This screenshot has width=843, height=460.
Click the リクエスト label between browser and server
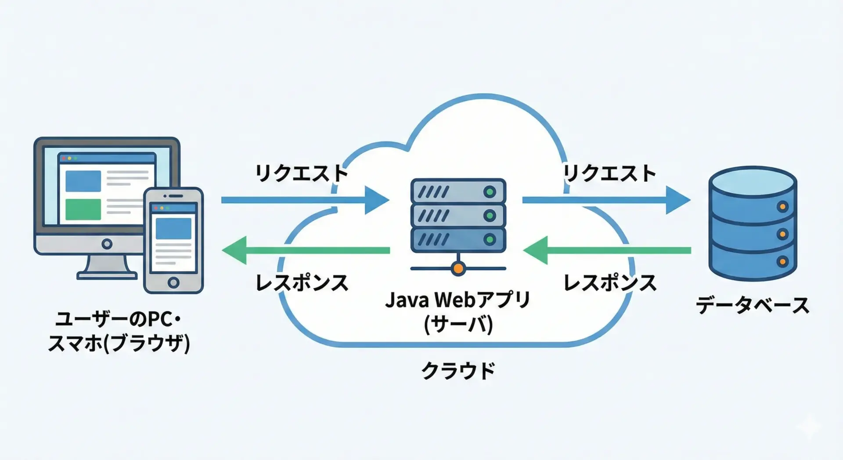tap(302, 173)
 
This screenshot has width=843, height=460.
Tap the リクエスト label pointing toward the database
tap(610, 173)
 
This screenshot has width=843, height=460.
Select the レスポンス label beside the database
tap(610, 283)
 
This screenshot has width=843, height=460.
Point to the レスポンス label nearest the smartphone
tap(302, 283)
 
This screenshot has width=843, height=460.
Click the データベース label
tap(753, 305)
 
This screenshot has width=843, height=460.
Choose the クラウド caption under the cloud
tap(458, 370)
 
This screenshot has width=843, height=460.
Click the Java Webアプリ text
tap(458, 300)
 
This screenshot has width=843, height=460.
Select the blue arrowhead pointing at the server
tap(376, 200)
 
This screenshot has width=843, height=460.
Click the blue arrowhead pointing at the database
tap(677, 200)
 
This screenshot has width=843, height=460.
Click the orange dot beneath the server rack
tap(458, 268)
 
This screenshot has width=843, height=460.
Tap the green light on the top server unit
tap(490, 192)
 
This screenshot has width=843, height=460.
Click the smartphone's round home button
tap(173, 283)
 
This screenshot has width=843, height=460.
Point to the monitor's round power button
tap(107, 244)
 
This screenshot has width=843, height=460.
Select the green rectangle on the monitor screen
tap(83, 209)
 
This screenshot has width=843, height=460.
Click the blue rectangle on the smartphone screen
tap(173, 228)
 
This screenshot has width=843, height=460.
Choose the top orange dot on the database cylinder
tap(782, 206)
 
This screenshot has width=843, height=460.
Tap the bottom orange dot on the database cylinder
tap(782, 262)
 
